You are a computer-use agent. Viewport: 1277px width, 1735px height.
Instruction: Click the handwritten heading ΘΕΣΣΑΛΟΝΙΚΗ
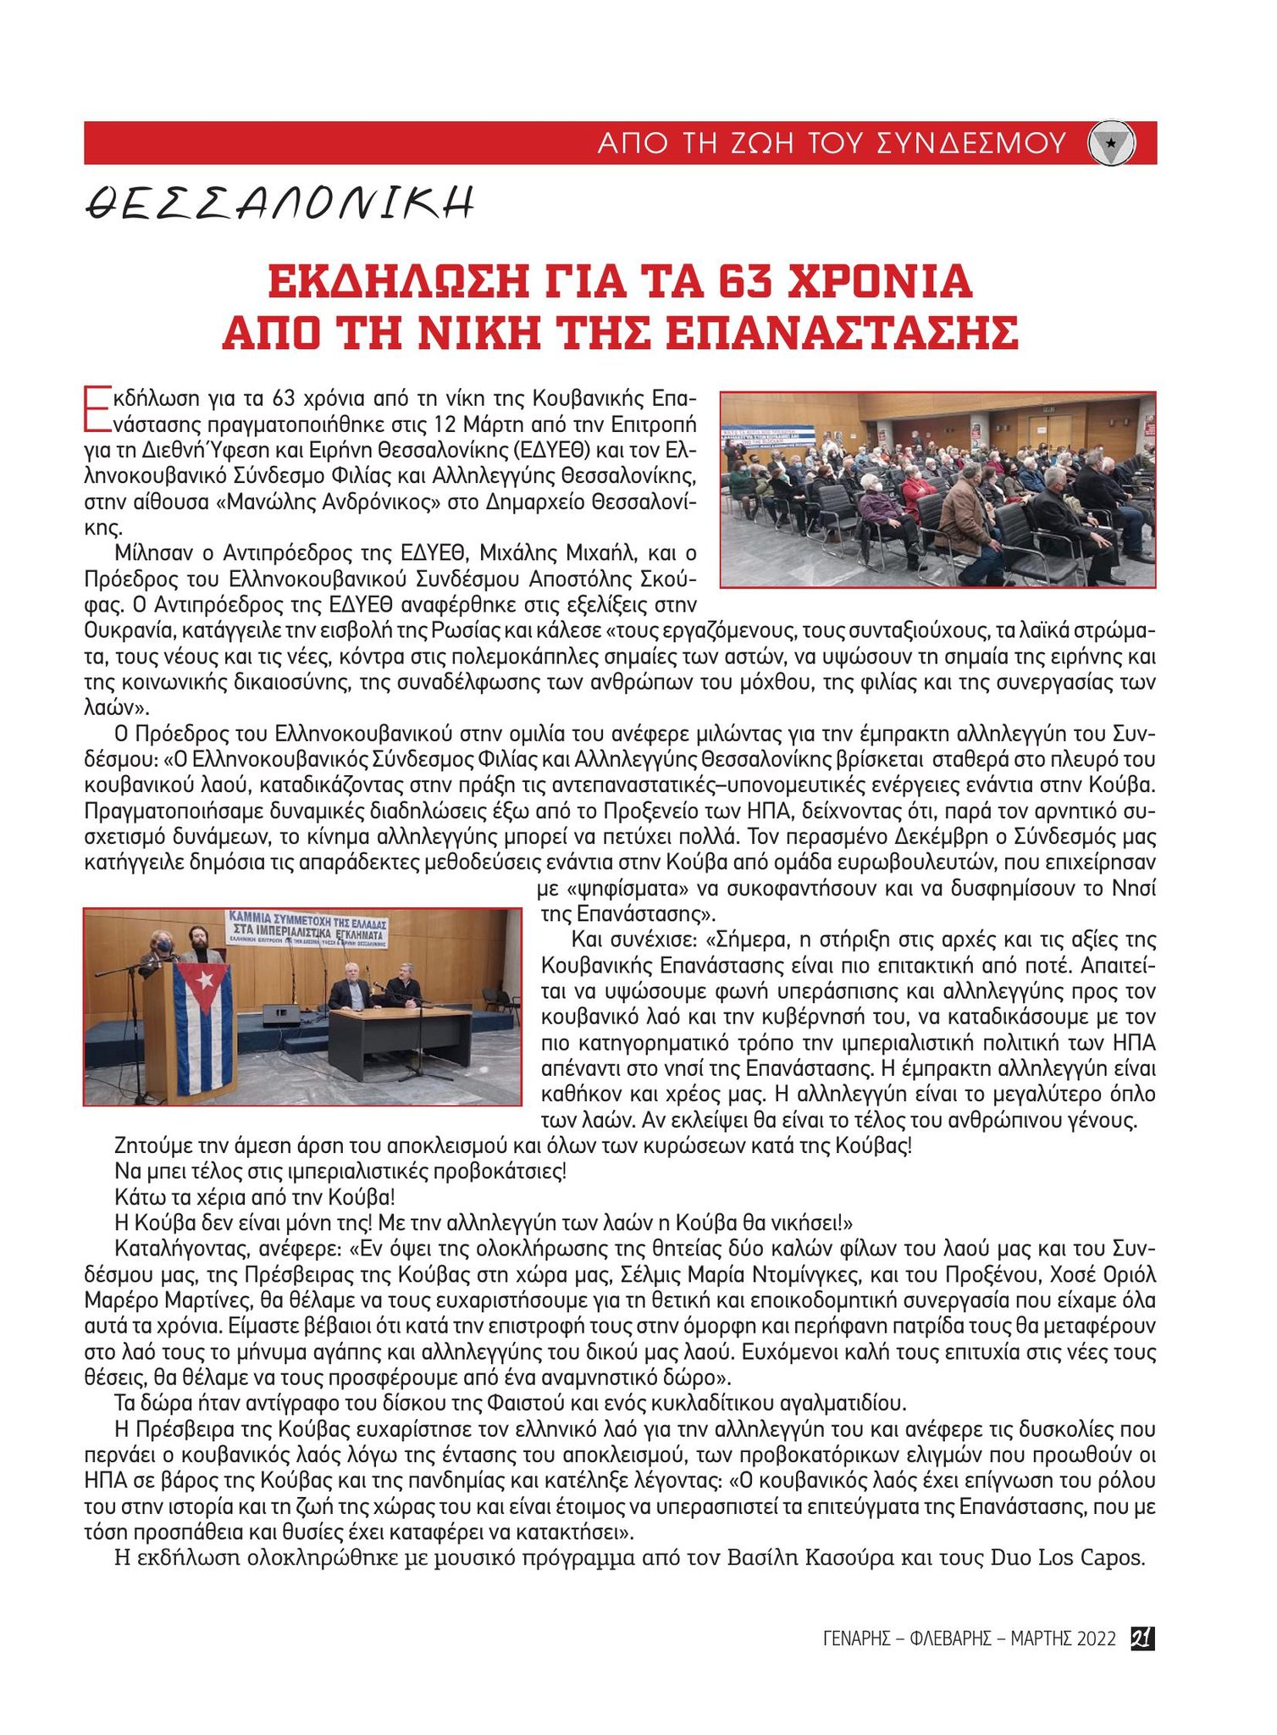point(279,203)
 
